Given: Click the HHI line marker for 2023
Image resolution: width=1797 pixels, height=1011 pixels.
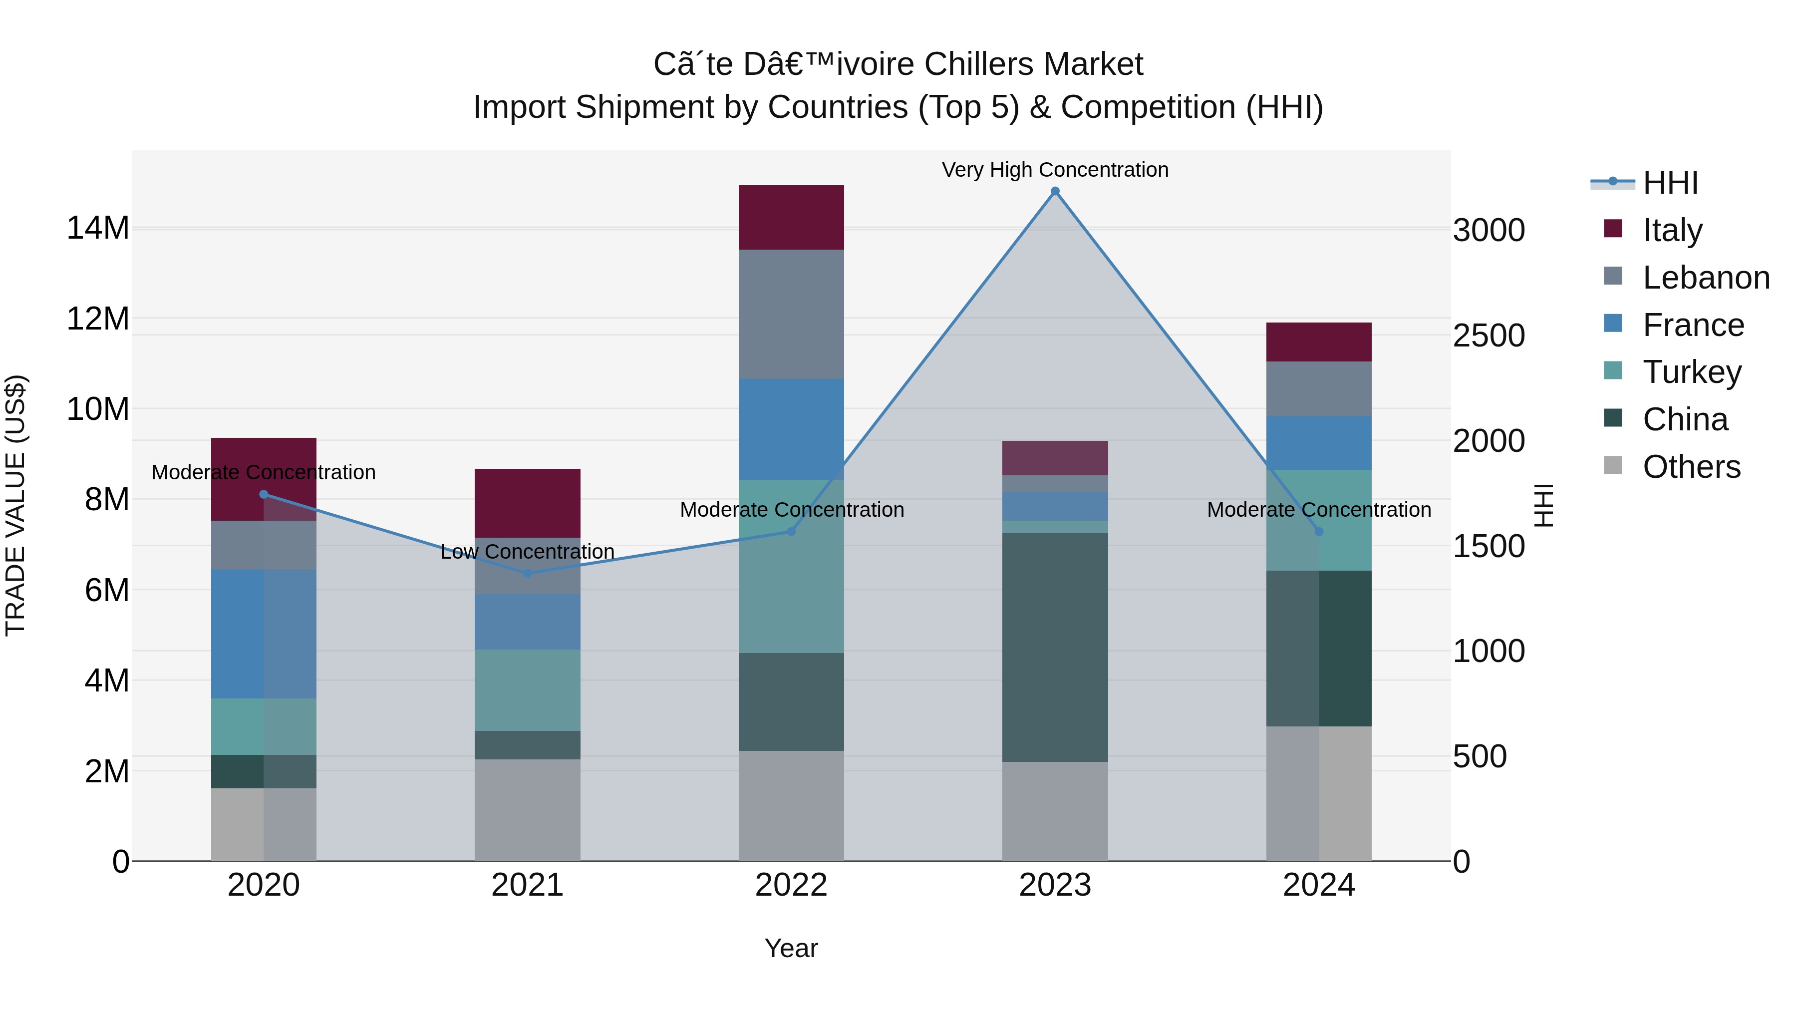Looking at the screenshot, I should pyautogui.click(x=1055, y=191).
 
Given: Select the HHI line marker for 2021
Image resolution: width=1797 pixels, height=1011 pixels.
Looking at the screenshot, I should pyautogui.click(x=528, y=574).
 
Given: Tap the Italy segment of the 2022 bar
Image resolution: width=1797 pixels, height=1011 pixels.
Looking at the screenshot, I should pyautogui.click(x=791, y=217).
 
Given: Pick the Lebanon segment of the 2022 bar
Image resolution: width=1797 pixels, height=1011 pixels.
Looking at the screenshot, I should pyautogui.click(x=791, y=314).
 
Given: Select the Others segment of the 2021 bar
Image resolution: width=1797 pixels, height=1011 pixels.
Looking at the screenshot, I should pyautogui.click(x=528, y=809).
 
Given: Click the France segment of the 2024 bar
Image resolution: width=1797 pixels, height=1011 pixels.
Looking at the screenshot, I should pyautogui.click(x=1318, y=442).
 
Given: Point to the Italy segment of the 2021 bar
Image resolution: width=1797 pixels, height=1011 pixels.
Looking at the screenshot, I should pyautogui.click(x=528, y=502).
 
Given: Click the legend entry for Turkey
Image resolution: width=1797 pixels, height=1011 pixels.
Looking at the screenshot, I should pyautogui.click(x=1692, y=372).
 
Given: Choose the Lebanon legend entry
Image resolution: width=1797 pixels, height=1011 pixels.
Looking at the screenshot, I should pyautogui.click(x=1706, y=278).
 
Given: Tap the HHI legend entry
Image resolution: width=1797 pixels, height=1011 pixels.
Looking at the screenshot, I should pyautogui.click(x=1670, y=183).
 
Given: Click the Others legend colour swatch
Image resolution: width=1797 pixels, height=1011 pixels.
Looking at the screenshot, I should pyautogui.click(x=1613, y=465).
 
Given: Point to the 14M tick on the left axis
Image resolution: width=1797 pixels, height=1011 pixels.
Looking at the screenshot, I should pyautogui.click(x=98, y=228).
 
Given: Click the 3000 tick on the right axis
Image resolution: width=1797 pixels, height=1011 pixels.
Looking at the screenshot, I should pyautogui.click(x=1489, y=230).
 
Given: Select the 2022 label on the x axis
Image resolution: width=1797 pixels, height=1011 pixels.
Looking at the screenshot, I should pyautogui.click(x=791, y=885).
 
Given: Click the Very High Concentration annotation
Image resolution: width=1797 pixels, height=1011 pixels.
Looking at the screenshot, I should pyautogui.click(x=1055, y=170).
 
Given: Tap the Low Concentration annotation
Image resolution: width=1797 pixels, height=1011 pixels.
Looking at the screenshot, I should pyautogui.click(x=528, y=551).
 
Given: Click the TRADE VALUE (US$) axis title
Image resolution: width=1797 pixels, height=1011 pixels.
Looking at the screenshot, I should pyautogui.click(x=15, y=505).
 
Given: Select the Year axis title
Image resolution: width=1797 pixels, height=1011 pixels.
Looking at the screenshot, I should pyautogui.click(x=791, y=948).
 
